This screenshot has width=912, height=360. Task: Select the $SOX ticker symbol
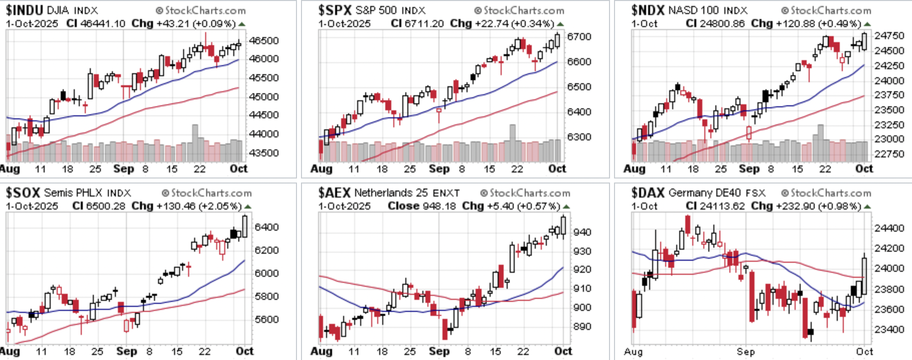pos(23,193)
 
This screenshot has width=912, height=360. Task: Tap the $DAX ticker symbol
pos(648,193)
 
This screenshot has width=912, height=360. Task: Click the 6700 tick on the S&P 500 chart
pos(579,37)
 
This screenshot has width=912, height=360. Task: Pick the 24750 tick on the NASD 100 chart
pos(889,36)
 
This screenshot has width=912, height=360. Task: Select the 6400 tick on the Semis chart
pos(266,227)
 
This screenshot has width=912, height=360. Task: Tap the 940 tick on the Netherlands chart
pos(582,232)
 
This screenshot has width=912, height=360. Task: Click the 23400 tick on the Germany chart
pos(889,329)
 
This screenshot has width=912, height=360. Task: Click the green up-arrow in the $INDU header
pos(242,24)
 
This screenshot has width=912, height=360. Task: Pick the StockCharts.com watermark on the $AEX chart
pos(525,193)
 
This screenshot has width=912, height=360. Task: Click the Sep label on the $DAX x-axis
pos(745,351)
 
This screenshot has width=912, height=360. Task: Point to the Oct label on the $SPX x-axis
pos(557,169)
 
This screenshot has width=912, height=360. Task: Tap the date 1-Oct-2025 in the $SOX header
pos(32,206)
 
